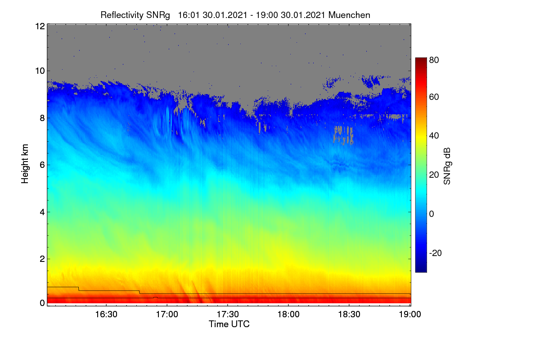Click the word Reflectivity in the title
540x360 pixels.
[122, 15]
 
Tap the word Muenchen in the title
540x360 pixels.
[349, 15]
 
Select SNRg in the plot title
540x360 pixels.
[158, 15]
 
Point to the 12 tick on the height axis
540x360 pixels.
[40, 26]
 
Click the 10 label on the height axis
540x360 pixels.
[40, 71]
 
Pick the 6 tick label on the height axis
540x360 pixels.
[42, 165]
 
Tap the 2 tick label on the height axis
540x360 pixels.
[42, 259]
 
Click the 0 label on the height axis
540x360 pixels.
[42, 303]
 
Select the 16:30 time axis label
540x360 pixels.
[106, 315]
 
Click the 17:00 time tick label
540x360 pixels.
[167, 315]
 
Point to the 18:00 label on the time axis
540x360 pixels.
[288, 315]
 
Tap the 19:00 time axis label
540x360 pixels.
[410, 315]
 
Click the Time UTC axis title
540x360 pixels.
[229, 324]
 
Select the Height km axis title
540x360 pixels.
[25, 164]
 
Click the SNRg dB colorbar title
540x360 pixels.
[447, 166]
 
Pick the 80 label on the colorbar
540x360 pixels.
[434, 60]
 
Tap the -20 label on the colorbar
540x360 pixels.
[436, 253]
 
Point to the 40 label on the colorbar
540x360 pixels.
[434, 136]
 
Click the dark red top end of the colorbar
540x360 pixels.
[421, 59]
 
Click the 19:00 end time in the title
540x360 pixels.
[266, 15]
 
